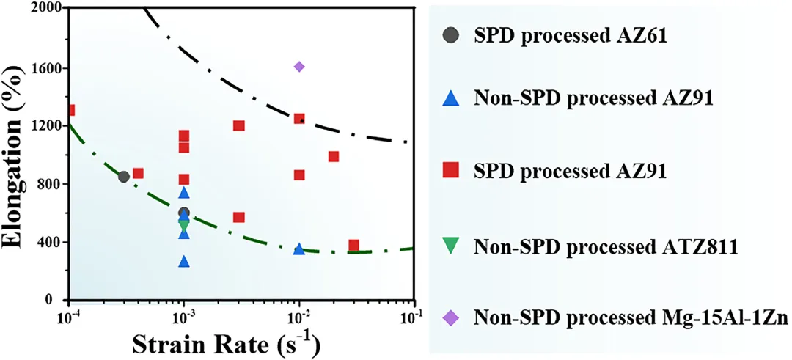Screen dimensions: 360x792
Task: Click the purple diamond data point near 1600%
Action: (x=299, y=67)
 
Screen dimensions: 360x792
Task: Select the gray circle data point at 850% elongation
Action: (x=124, y=177)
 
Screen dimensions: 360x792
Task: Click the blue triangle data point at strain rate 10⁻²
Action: (x=299, y=249)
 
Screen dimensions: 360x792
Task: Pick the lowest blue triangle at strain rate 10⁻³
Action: (x=184, y=262)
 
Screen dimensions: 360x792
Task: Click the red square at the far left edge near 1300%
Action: (x=70, y=111)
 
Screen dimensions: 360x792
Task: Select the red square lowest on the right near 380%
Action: (x=354, y=246)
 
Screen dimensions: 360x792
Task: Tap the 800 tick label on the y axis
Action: (x=49, y=184)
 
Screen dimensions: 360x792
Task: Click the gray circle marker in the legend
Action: (x=452, y=35)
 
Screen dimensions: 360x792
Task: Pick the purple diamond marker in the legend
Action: (x=452, y=317)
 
